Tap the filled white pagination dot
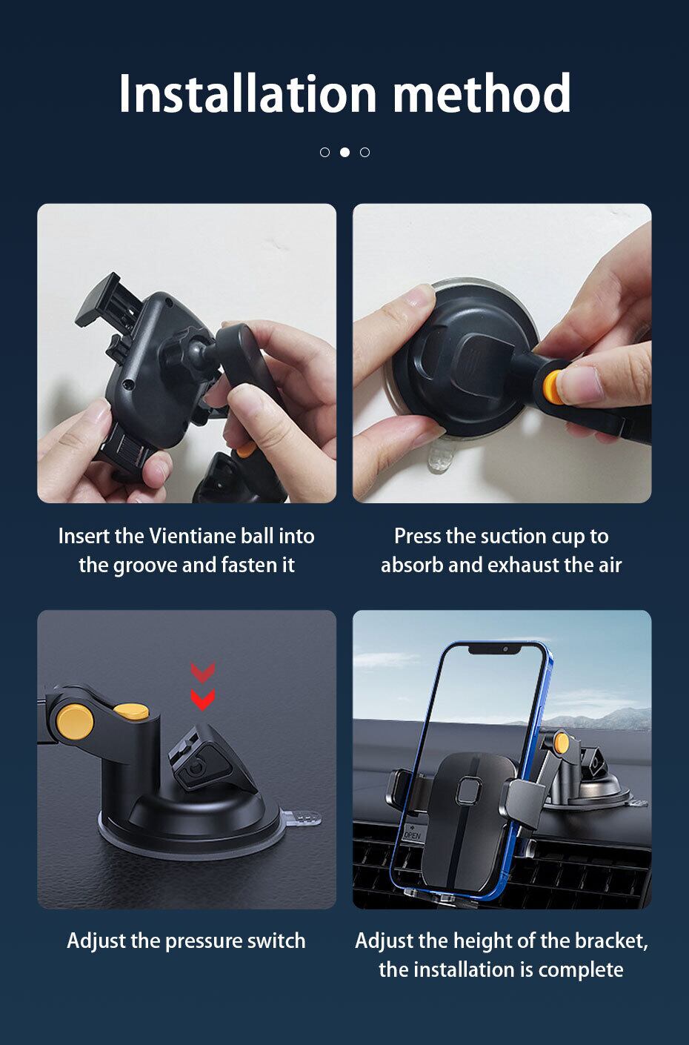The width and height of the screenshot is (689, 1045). tap(344, 152)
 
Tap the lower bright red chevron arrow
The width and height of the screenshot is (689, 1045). tap(203, 700)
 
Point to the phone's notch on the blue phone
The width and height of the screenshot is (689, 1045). tap(494, 650)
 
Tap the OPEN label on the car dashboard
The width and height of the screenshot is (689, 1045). tap(412, 835)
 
